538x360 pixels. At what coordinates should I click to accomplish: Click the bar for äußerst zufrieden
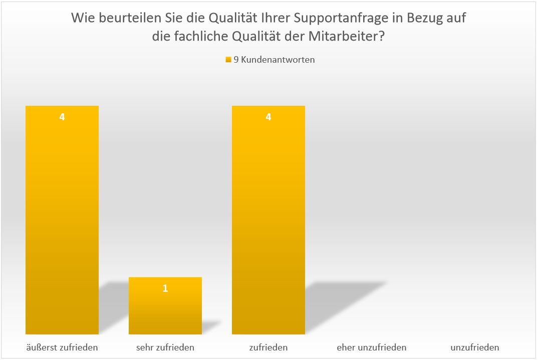click(62, 221)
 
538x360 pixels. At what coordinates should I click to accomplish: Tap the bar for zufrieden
click(268, 221)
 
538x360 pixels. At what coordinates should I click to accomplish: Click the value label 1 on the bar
click(165, 288)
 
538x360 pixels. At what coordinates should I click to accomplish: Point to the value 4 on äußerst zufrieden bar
click(62, 117)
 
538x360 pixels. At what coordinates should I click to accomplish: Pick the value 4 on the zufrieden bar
click(268, 117)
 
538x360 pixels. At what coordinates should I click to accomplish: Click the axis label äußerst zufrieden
click(62, 347)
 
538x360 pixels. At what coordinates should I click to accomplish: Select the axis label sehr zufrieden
click(165, 347)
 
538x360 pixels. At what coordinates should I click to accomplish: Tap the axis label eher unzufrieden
click(372, 347)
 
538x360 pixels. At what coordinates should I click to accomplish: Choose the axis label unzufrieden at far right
click(475, 347)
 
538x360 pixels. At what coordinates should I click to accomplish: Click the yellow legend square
click(228, 60)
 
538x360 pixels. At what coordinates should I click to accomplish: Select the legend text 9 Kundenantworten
click(275, 60)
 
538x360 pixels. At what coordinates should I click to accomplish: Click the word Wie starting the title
click(82, 19)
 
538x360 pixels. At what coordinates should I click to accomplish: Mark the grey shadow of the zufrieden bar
click(341, 301)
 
